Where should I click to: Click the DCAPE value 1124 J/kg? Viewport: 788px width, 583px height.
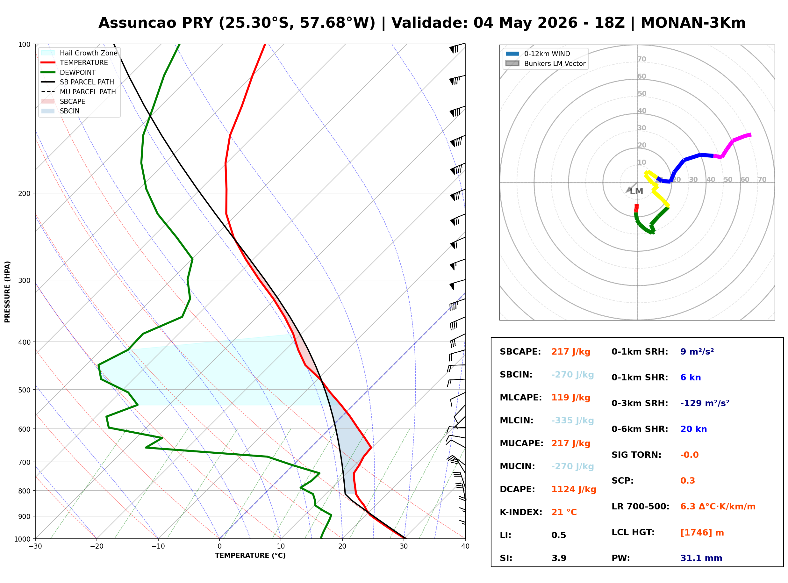tap(574, 489)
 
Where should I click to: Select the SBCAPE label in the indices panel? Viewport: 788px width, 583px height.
tap(520, 352)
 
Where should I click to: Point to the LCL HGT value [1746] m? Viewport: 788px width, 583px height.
tap(702, 533)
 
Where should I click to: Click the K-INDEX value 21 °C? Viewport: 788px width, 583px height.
tap(564, 512)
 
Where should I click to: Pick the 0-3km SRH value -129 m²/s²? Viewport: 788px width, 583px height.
tap(705, 403)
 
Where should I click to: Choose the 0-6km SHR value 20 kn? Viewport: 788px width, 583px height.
tap(693, 429)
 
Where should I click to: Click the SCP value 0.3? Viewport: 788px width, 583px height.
tap(687, 481)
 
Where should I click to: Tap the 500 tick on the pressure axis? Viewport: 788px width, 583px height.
tap(25, 390)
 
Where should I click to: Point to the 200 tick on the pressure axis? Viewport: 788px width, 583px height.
tap(25, 193)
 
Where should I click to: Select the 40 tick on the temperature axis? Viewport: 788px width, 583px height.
tap(465, 547)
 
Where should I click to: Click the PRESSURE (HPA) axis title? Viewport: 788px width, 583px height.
tap(7, 292)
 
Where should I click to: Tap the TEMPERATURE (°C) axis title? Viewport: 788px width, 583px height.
tap(250, 556)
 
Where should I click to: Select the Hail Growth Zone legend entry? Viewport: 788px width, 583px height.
tap(79, 53)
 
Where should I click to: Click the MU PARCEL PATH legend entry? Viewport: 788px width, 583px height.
tap(79, 92)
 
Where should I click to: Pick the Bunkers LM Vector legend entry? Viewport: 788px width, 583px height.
tap(545, 63)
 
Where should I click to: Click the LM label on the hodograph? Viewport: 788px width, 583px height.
tap(636, 192)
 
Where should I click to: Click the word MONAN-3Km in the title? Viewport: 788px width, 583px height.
tap(693, 23)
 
